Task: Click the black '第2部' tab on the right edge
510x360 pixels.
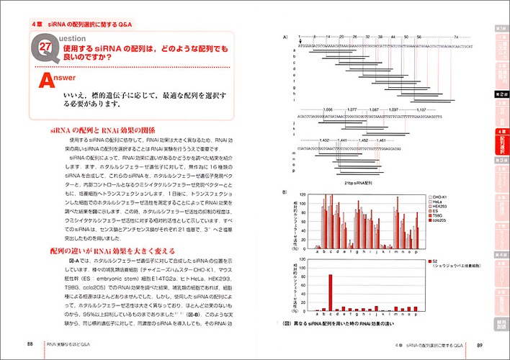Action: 501,94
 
